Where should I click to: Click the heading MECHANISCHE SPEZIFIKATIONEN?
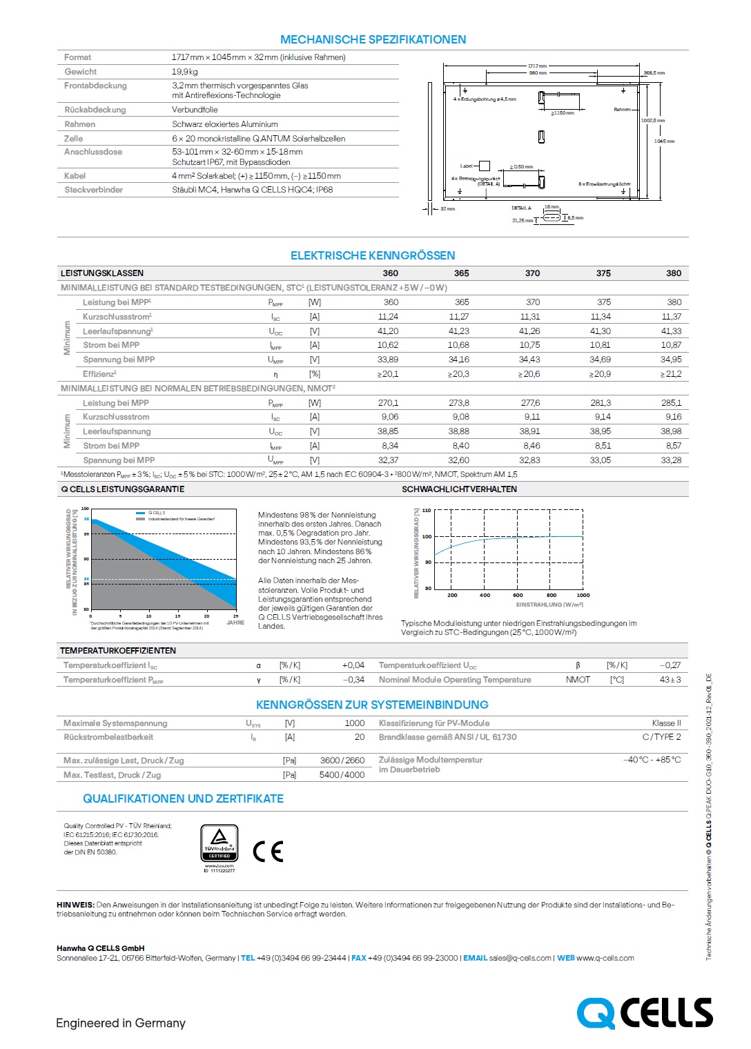point(373,39)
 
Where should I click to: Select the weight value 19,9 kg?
point(185,72)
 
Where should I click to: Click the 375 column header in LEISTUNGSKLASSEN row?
point(603,273)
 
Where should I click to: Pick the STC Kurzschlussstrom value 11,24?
point(388,317)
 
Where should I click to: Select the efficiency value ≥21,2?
point(670,374)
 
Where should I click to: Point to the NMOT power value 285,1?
point(671,403)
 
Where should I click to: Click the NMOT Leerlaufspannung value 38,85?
point(388,431)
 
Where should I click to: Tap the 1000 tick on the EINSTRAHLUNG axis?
point(583,595)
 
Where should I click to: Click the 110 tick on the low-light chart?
point(427,511)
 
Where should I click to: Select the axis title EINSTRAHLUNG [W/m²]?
point(549,605)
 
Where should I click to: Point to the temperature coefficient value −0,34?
point(353,680)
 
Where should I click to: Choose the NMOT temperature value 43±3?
point(670,680)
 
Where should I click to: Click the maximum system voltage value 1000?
point(355,723)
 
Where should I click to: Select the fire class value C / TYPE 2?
point(661,737)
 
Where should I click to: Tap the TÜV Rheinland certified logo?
point(220,844)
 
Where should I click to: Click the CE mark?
point(269,851)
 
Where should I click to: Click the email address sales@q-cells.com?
point(520,958)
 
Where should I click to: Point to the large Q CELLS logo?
point(645,1013)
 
